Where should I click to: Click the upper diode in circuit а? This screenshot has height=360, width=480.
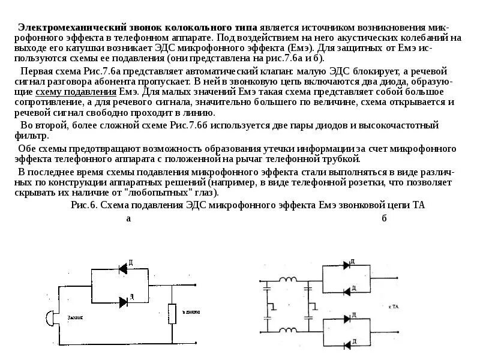pos(124,268)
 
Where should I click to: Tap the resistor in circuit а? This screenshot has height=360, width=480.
pos(172,313)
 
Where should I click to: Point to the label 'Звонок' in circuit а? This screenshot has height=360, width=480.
pos(75,316)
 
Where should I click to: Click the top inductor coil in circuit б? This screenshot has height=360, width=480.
pos(287,280)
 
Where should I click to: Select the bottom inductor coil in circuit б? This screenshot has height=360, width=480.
pos(287,329)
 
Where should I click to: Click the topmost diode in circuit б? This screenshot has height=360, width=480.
pos(346,265)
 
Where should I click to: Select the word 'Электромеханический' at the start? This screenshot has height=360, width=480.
pos(61,28)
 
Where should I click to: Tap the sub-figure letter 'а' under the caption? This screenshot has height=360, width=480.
pos(128,218)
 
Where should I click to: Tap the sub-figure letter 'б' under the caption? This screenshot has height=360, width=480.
pos(384,218)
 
